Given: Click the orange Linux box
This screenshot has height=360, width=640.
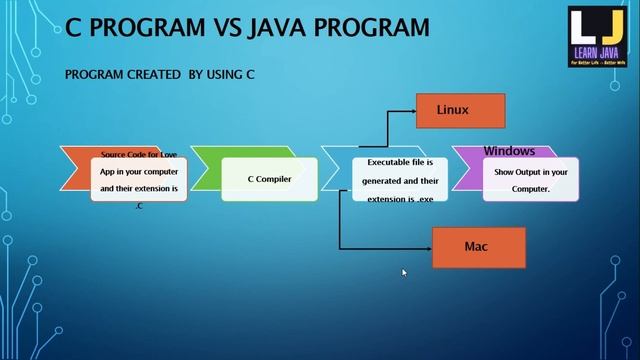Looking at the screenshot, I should click(461, 110).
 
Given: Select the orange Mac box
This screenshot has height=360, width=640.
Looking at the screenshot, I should click(479, 247).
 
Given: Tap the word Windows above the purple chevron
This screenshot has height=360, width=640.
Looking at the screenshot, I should click(509, 151).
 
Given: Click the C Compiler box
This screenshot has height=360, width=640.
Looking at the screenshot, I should click(269, 179).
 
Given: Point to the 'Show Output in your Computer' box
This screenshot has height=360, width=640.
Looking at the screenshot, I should click(530, 179).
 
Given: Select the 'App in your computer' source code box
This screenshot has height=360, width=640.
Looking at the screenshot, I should click(139, 179).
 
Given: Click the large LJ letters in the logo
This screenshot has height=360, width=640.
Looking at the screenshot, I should click(596, 28).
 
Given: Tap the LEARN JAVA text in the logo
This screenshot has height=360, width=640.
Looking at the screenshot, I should click(597, 52).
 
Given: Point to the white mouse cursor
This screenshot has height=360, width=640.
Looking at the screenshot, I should click(404, 272).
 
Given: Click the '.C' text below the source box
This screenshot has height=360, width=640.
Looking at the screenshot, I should click(139, 206).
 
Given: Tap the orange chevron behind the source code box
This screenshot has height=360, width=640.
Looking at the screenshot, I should click(75, 170).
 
